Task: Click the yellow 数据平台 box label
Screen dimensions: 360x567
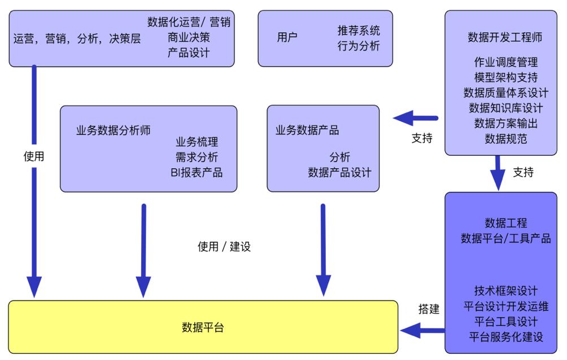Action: coord(203,327)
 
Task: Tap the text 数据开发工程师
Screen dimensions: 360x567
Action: coord(505,37)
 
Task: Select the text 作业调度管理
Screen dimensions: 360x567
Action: coord(506,62)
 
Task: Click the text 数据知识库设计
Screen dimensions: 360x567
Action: coord(506,108)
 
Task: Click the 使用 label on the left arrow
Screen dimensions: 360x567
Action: coord(34,156)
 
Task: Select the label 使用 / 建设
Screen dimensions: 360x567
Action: coord(224,247)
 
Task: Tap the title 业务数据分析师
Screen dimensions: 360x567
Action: coord(114,130)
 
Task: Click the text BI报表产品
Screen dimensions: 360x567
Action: coord(197,173)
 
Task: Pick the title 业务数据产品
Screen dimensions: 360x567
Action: coord(307,130)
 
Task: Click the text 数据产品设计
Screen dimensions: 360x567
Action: coord(340,173)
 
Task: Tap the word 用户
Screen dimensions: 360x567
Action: coord(287,38)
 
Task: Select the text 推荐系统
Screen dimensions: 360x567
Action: coord(359,30)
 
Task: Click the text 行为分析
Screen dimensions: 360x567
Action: coord(359,46)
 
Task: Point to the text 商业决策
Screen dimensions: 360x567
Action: coord(189,38)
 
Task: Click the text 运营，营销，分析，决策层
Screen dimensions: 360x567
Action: coord(77,39)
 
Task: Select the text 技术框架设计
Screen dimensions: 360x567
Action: coord(506,291)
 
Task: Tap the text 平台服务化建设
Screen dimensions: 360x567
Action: coord(506,337)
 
